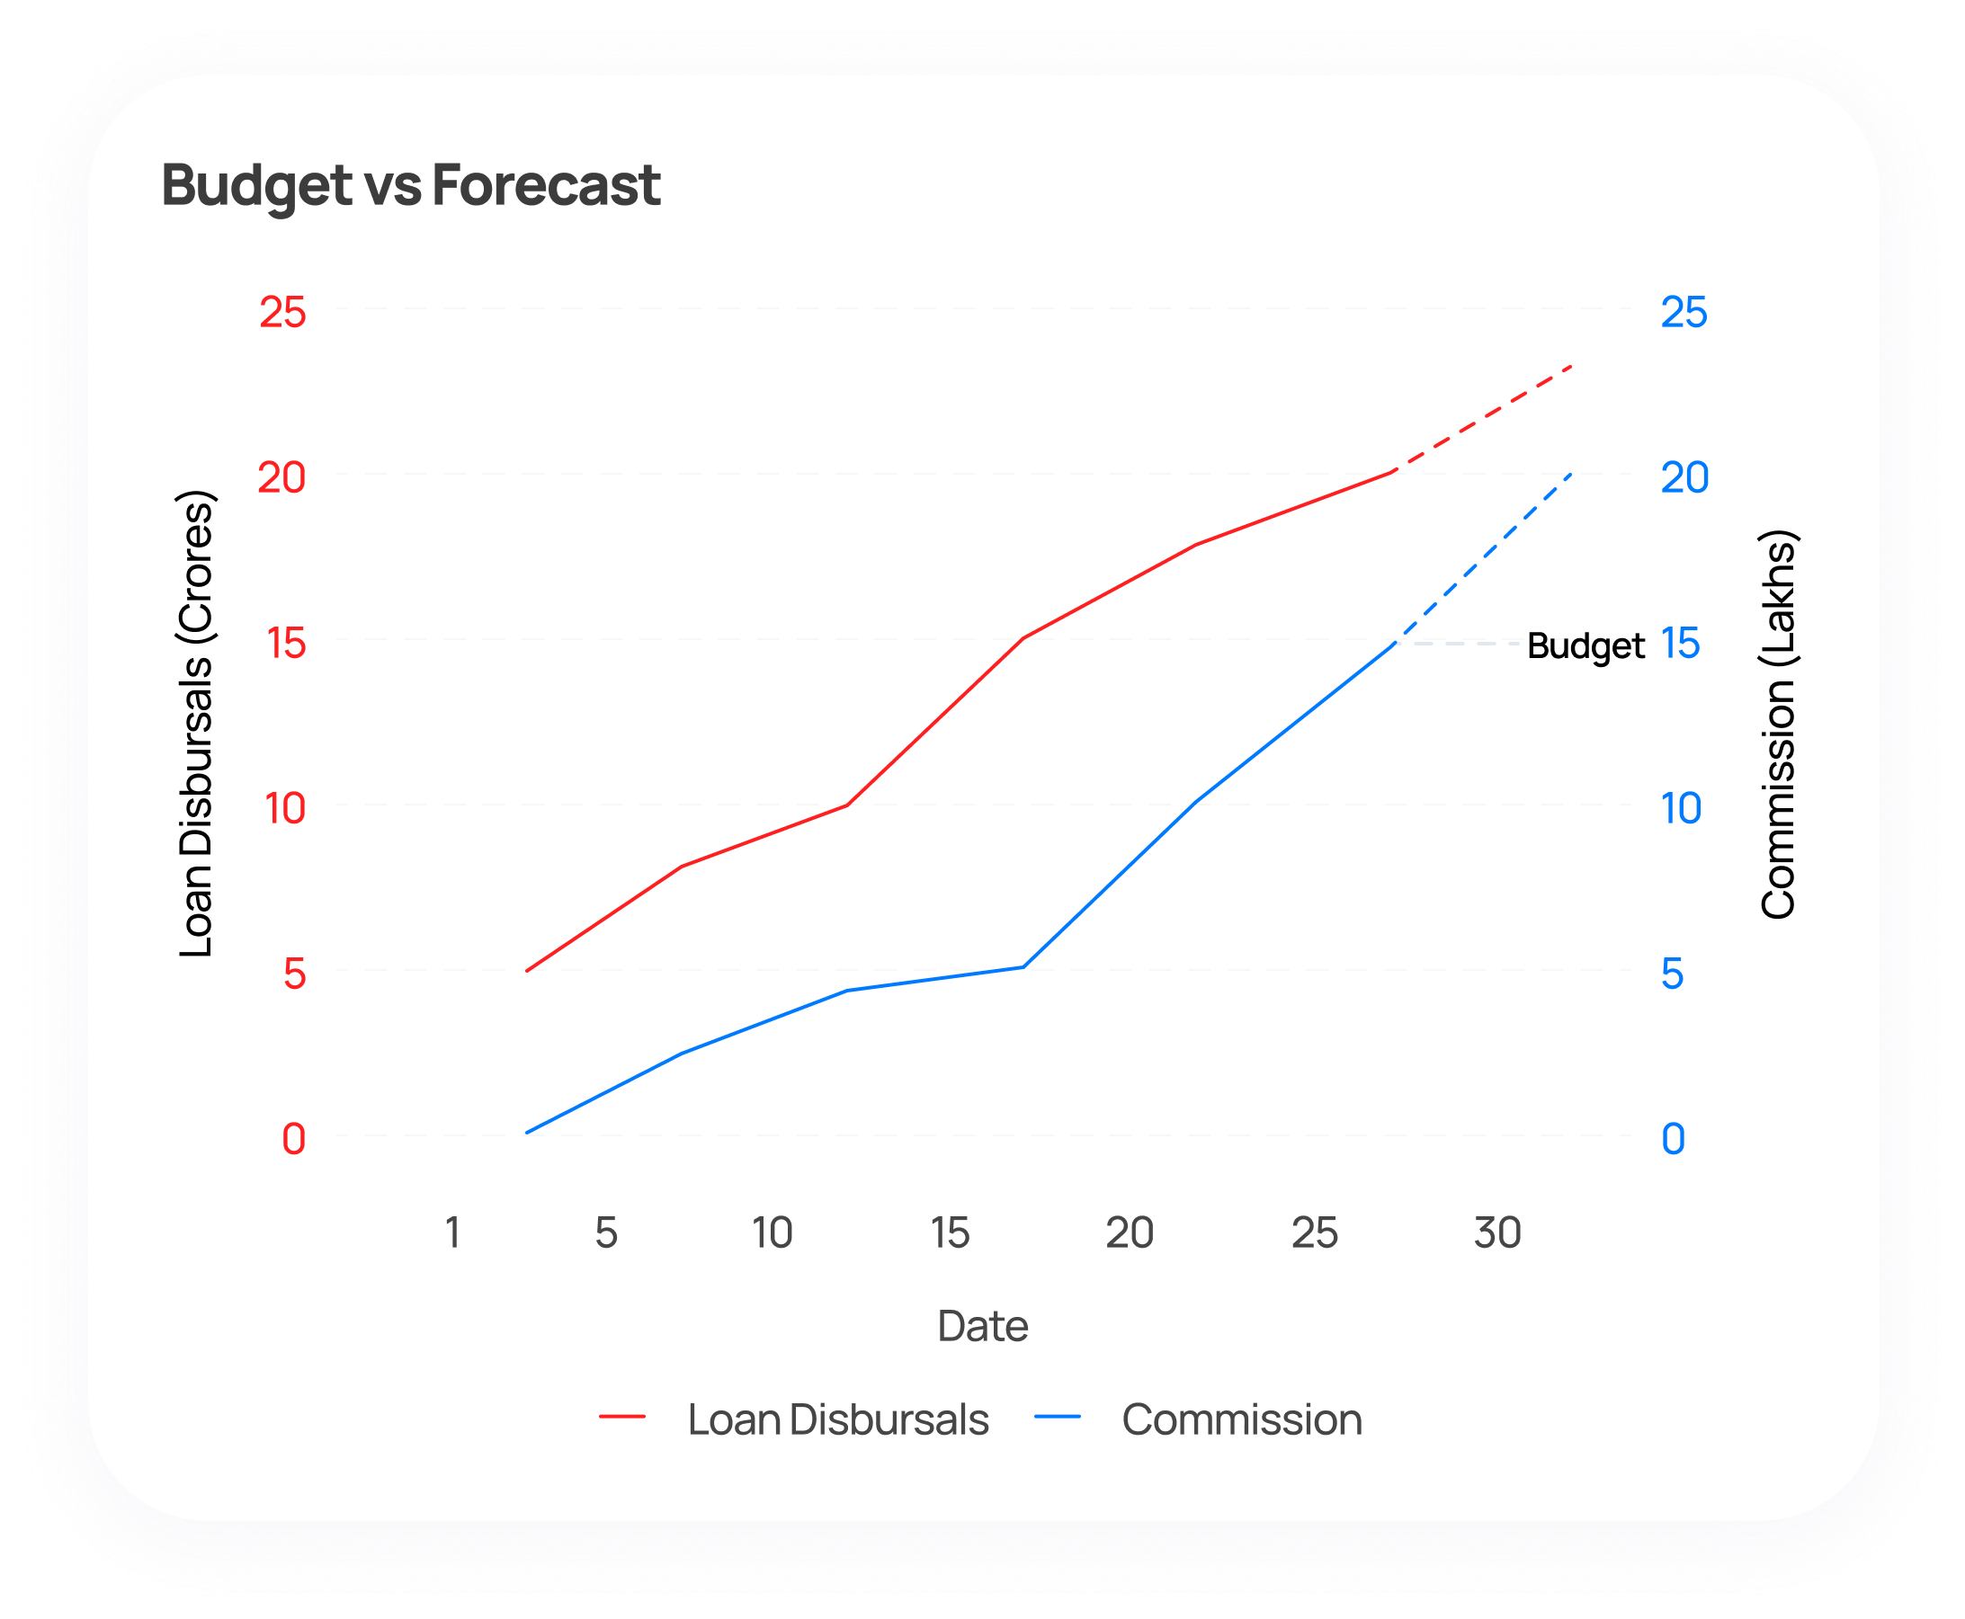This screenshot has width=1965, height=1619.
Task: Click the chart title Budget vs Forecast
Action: tap(411, 184)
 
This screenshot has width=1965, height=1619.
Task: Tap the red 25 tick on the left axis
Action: tap(281, 313)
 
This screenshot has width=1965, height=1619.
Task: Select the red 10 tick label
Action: tap(284, 808)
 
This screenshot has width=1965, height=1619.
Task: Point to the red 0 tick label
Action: tap(293, 1139)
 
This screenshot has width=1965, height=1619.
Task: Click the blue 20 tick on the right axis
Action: tap(1684, 478)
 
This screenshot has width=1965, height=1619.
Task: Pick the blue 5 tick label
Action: tap(1672, 974)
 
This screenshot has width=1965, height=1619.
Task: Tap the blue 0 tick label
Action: tap(1673, 1139)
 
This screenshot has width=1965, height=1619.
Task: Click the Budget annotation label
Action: tap(1585, 645)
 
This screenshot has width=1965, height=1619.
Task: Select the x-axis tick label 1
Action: tap(452, 1232)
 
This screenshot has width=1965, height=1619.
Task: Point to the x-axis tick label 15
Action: tap(949, 1232)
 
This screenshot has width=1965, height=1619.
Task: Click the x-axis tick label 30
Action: tap(1496, 1232)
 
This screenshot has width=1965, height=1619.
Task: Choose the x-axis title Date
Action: tap(982, 1326)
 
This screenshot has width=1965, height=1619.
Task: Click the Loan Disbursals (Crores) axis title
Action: tap(196, 724)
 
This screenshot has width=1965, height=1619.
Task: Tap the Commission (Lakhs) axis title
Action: tap(1777, 724)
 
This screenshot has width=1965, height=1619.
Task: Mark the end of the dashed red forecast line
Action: tap(1573, 366)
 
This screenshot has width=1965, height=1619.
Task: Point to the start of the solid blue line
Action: tap(527, 1133)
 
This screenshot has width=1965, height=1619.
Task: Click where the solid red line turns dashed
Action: tap(1393, 472)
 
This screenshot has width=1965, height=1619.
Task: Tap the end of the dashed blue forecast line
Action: tap(1573, 473)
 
